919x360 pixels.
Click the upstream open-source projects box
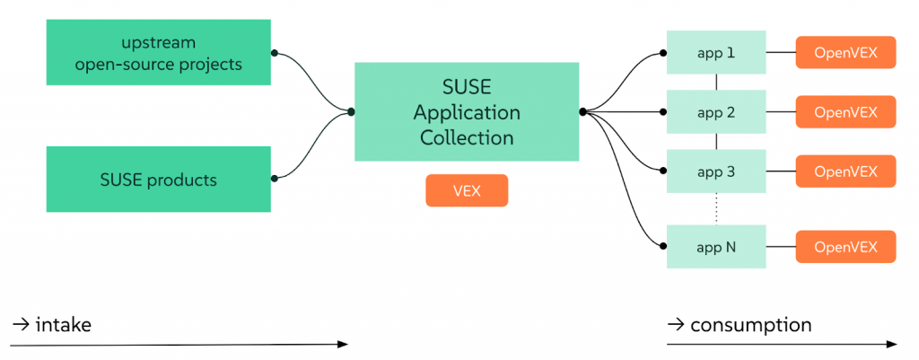pos(158,53)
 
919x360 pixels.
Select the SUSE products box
pos(158,180)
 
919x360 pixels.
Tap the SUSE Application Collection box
pos(467,112)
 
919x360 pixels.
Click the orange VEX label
pos(467,190)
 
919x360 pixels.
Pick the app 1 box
pos(716,53)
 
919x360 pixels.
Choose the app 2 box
pos(716,112)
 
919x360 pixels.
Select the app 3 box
pos(716,171)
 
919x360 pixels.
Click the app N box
pos(716,246)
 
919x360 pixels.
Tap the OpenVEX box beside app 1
pos(845,53)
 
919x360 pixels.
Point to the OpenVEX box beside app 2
pos(845,112)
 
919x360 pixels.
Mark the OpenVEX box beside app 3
pos(845,171)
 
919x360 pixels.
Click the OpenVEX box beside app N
pos(845,246)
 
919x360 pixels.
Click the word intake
pos(63,324)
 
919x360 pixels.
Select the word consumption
pos(751,324)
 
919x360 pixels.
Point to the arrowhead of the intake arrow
pos(343,344)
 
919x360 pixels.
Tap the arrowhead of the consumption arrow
pos(892,344)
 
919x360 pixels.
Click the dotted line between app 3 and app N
pos(716,208)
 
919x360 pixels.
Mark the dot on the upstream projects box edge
pos(274,53)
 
